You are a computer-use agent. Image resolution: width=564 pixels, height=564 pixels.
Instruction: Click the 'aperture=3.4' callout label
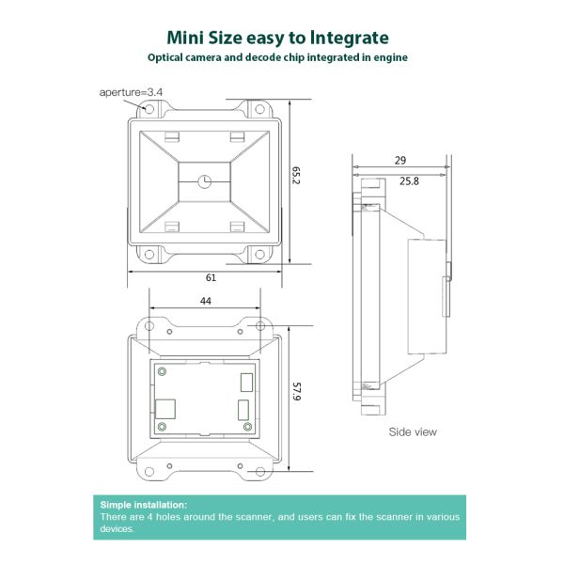click(x=131, y=92)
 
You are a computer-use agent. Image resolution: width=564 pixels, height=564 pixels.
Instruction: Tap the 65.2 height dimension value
click(x=296, y=175)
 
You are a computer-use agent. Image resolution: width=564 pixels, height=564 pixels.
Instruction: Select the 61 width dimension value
click(x=211, y=277)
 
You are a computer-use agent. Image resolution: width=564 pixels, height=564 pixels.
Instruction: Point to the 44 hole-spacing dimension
click(x=205, y=301)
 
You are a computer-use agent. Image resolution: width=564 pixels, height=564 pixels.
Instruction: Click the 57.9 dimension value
click(x=296, y=391)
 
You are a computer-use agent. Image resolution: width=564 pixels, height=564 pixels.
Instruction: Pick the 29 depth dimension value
click(x=400, y=161)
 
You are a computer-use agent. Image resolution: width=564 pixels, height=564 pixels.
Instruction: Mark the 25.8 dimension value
click(x=409, y=180)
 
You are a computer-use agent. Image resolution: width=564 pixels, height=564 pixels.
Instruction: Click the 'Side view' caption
click(x=413, y=431)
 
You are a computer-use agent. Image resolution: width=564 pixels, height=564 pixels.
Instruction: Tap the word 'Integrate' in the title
click(x=350, y=39)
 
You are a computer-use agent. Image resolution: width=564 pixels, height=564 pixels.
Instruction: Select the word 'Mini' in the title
click(x=185, y=38)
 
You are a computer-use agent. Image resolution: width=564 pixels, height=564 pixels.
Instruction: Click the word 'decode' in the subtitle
click(x=263, y=57)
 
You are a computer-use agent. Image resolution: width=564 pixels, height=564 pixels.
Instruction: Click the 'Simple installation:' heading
click(x=144, y=505)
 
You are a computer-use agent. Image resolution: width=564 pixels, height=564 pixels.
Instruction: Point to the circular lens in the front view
click(x=205, y=181)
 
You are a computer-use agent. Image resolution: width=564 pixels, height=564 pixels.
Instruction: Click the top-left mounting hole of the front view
click(x=149, y=109)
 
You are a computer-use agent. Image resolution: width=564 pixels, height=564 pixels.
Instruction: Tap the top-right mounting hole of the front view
click(x=259, y=109)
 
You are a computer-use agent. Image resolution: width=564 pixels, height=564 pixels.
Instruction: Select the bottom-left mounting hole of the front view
click(x=149, y=255)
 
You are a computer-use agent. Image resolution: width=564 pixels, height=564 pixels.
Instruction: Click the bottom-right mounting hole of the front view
click(x=259, y=255)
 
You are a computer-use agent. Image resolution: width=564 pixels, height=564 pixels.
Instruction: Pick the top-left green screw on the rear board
click(x=162, y=371)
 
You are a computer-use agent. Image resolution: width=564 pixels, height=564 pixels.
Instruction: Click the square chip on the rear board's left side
click(x=165, y=409)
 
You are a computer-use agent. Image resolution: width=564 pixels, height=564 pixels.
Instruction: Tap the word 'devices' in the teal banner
click(x=117, y=528)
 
